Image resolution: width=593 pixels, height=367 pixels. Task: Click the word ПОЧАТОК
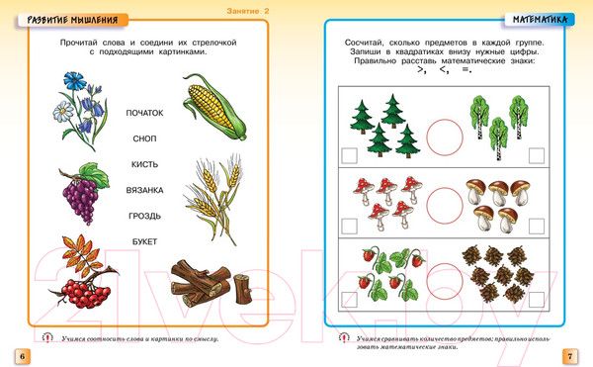[144, 113]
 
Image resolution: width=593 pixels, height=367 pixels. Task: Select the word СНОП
[144, 138]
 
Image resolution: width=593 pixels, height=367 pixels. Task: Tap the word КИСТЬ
[144, 164]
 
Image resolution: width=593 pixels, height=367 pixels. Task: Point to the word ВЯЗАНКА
[144, 190]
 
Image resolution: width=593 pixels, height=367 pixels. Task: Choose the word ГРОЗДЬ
[144, 216]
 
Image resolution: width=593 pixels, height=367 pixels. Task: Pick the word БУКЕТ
[144, 241]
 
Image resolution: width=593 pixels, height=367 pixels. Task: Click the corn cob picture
[214, 107]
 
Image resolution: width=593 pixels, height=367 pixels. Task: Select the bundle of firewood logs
[211, 283]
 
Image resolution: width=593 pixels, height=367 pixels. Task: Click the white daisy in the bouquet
[63, 112]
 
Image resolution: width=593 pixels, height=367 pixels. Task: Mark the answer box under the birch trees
[537, 156]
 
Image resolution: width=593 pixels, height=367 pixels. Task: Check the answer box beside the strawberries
[349, 300]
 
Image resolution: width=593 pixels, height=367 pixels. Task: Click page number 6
[23, 356]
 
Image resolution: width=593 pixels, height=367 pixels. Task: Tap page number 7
[570, 356]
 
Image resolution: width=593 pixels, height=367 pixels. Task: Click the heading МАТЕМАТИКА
[540, 20]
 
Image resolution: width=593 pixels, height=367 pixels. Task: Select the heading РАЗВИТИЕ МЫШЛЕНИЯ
[72, 20]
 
